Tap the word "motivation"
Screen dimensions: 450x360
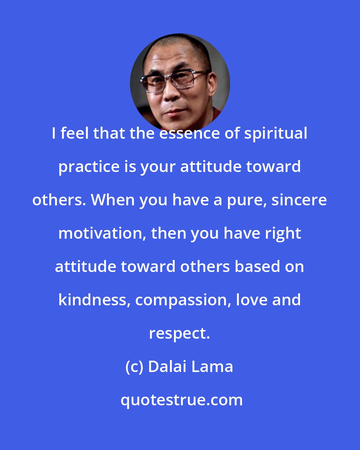100,233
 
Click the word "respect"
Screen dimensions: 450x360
179,334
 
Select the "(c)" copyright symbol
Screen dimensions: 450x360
135,367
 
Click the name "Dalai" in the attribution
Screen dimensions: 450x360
167,367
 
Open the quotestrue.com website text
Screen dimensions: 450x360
182,400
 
